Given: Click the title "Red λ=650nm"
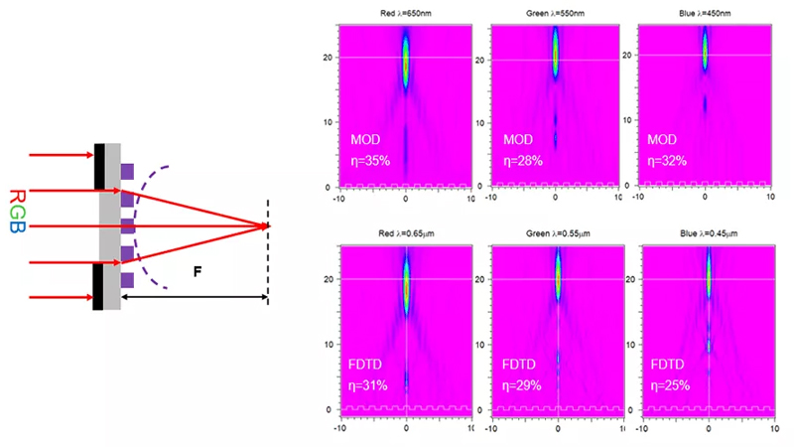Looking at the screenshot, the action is coord(406,13).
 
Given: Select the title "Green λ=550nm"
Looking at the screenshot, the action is coord(555,13).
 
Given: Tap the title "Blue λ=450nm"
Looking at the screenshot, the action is coord(705,13).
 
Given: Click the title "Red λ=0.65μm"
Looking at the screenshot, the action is coord(406,233).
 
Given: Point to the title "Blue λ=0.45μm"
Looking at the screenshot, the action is coord(709,233).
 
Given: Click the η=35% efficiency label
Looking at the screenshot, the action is coord(370,161).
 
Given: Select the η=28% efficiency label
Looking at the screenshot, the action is coord(523,161).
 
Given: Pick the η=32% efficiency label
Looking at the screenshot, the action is coord(667,161).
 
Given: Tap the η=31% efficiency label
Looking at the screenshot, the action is coord(367,385).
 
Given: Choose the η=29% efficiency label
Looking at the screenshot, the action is coord(522,385).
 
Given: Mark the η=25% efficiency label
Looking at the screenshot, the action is coord(670,385).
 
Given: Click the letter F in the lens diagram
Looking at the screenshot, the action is coord(198,272).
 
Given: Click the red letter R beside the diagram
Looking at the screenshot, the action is coord(17,197).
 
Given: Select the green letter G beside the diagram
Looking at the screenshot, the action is coord(17,212).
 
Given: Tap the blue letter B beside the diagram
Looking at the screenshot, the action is coord(17,226).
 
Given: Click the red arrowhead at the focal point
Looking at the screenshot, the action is coord(265,226).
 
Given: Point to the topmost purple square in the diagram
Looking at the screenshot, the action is coord(127,171).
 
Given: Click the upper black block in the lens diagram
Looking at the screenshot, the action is coord(99,167).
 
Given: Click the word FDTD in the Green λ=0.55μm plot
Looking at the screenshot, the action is coord(518,365).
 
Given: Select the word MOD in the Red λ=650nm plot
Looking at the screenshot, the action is coord(365,139).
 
